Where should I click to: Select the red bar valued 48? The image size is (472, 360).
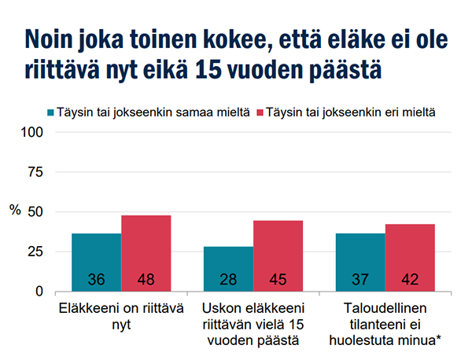pos(146,252)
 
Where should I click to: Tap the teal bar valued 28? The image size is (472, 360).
pos(228,268)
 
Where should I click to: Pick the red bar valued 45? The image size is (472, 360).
pos(278,255)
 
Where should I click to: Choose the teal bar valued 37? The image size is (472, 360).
pos(360,262)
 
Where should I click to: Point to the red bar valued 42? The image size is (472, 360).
pos(410,257)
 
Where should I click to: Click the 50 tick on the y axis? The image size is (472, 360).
pos(35,212)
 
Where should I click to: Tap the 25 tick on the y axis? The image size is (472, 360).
pos(35,252)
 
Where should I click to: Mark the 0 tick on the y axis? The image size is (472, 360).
pos(39,292)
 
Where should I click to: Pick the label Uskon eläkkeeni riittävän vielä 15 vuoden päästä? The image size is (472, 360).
pos(253,323)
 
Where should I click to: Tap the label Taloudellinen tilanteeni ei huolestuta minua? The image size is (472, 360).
pos(384,323)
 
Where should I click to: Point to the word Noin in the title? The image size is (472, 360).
pos(53,38)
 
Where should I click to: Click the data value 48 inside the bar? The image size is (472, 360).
pos(146,280)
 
